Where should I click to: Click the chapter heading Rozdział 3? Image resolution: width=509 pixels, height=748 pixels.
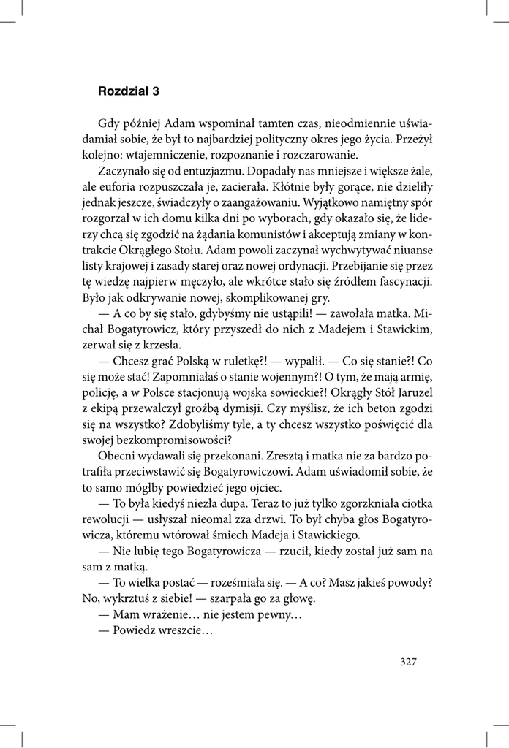128,92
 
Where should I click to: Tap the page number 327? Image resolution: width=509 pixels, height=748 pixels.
408,662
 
